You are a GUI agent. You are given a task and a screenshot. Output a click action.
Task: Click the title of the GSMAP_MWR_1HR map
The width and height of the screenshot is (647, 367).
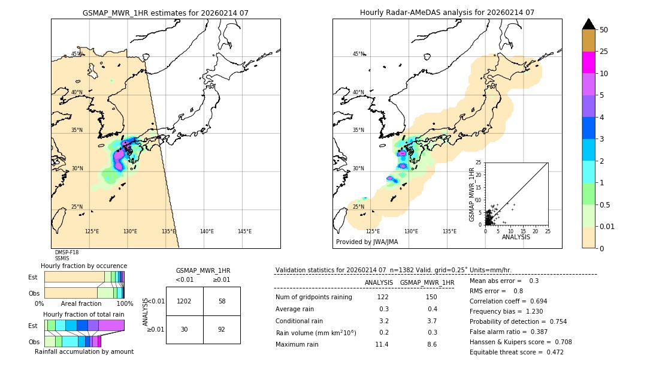[x=165, y=13]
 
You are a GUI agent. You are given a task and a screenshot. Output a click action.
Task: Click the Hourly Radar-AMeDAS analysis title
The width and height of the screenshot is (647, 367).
[x=447, y=13]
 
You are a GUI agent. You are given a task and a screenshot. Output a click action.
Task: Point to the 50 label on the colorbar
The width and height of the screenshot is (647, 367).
[x=604, y=30]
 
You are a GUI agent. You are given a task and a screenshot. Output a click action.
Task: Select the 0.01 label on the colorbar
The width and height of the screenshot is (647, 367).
[x=607, y=226]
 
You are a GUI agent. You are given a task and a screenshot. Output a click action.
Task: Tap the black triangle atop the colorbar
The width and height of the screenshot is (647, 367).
[x=588, y=24]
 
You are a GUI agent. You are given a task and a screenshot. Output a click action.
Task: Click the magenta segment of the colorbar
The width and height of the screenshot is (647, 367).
[x=588, y=62]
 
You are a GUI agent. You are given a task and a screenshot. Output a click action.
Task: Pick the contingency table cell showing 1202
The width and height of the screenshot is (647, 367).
[x=185, y=301]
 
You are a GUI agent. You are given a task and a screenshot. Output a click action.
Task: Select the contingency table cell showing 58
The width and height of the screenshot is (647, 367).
[x=222, y=301]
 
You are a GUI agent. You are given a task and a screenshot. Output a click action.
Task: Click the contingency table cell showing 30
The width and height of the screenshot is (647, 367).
[x=185, y=329]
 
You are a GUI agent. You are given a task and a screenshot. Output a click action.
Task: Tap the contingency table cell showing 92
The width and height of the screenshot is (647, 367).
[x=222, y=329]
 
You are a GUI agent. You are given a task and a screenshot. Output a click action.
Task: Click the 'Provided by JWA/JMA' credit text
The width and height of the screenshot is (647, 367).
[x=367, y=242]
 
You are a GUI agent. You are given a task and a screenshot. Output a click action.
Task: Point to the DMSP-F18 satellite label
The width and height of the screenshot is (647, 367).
[x=66, y=252]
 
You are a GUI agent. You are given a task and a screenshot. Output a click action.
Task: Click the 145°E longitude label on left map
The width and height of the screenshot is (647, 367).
[x=244, y=231]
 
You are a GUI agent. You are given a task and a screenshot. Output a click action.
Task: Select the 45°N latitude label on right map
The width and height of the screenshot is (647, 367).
[x=358, y=54]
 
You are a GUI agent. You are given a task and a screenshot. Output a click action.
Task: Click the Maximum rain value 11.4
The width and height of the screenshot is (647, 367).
[x=382, y=344]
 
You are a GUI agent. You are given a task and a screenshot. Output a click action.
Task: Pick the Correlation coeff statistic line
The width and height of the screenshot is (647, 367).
[x=508, y=301]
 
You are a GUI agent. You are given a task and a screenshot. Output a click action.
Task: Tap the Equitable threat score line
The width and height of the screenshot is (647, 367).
[x=516, y=352]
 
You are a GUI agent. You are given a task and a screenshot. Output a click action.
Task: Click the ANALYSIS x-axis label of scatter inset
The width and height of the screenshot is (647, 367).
[x=516, y=237]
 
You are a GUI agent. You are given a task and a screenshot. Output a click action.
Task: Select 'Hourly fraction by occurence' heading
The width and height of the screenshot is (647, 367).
[x=84, y=266]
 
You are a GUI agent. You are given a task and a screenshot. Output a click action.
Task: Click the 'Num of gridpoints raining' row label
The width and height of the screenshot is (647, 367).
[x=313, y=297]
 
